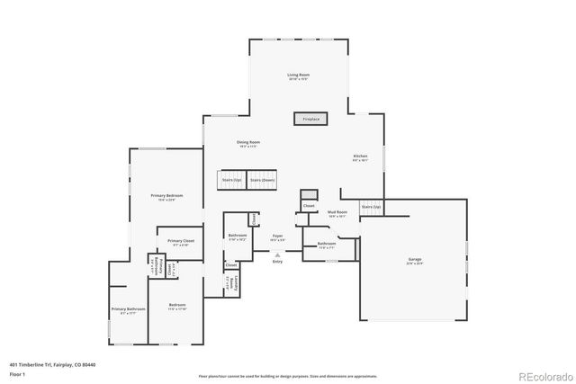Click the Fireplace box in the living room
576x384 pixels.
point(310,119)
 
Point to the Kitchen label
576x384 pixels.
point(360,158)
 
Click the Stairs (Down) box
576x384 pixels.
point(262,180)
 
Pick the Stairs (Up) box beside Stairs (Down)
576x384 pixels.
point(232,180)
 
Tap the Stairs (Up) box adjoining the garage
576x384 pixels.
point(371,208)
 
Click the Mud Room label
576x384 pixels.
point(337,214)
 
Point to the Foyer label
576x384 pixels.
point(278,238)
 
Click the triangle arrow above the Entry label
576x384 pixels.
point(277,255)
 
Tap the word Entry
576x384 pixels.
point(277,262)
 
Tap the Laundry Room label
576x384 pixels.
point(232,283)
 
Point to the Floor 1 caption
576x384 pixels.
point(17,375)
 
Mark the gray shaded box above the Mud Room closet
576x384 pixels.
point(309,195)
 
